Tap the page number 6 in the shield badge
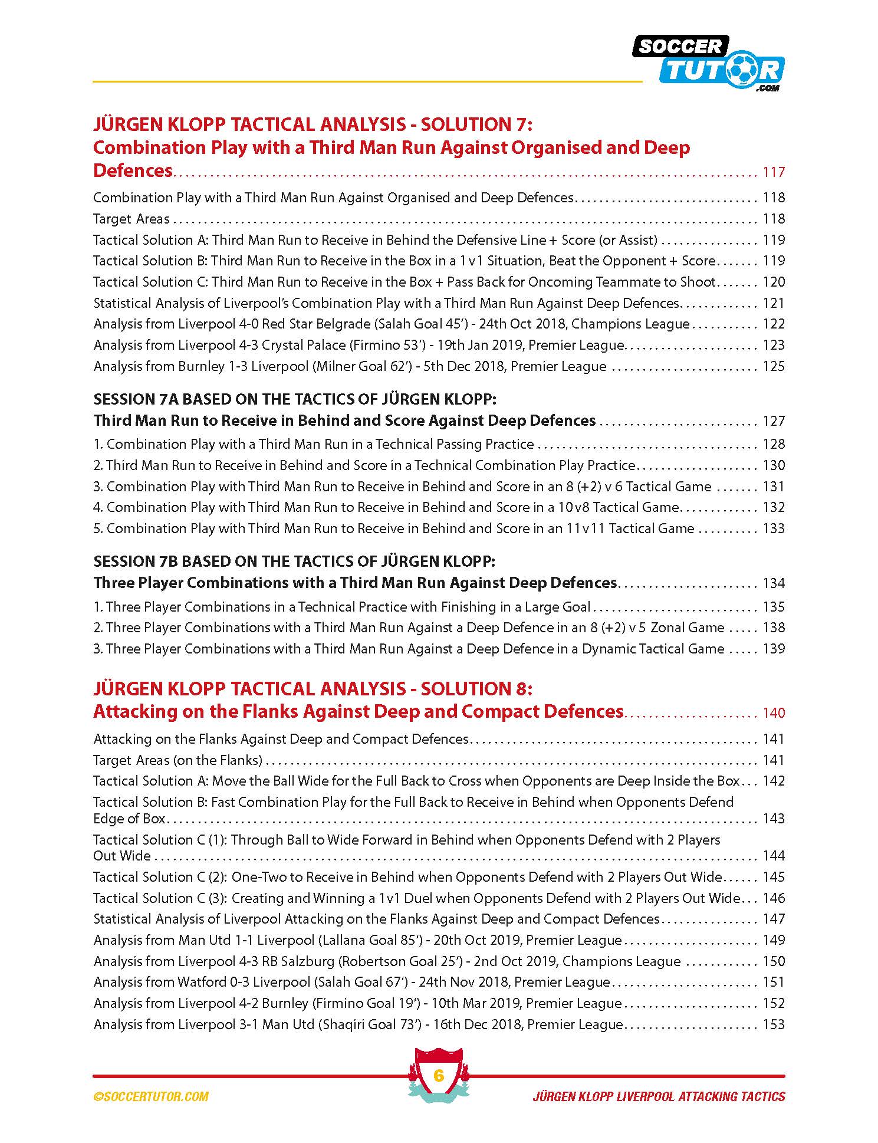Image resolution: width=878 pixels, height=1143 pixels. tap(438, 1075)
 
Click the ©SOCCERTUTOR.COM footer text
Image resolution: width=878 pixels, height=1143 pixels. tap(151, 1096)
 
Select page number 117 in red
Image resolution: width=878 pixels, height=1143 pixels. tap(774, 172)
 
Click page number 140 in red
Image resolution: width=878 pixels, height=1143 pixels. tap(774, 713)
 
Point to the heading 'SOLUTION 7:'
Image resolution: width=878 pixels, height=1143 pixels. tap(469, 124)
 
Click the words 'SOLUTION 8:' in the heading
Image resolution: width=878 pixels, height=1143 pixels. tap(470, 689)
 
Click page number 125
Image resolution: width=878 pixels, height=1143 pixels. tap(774, 366)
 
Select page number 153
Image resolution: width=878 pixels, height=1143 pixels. tap(774, 1024)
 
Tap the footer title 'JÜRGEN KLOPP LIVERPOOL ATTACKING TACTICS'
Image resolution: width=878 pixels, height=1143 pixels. tap(659, 1096)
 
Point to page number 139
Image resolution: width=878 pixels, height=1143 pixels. tap(774, 649)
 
